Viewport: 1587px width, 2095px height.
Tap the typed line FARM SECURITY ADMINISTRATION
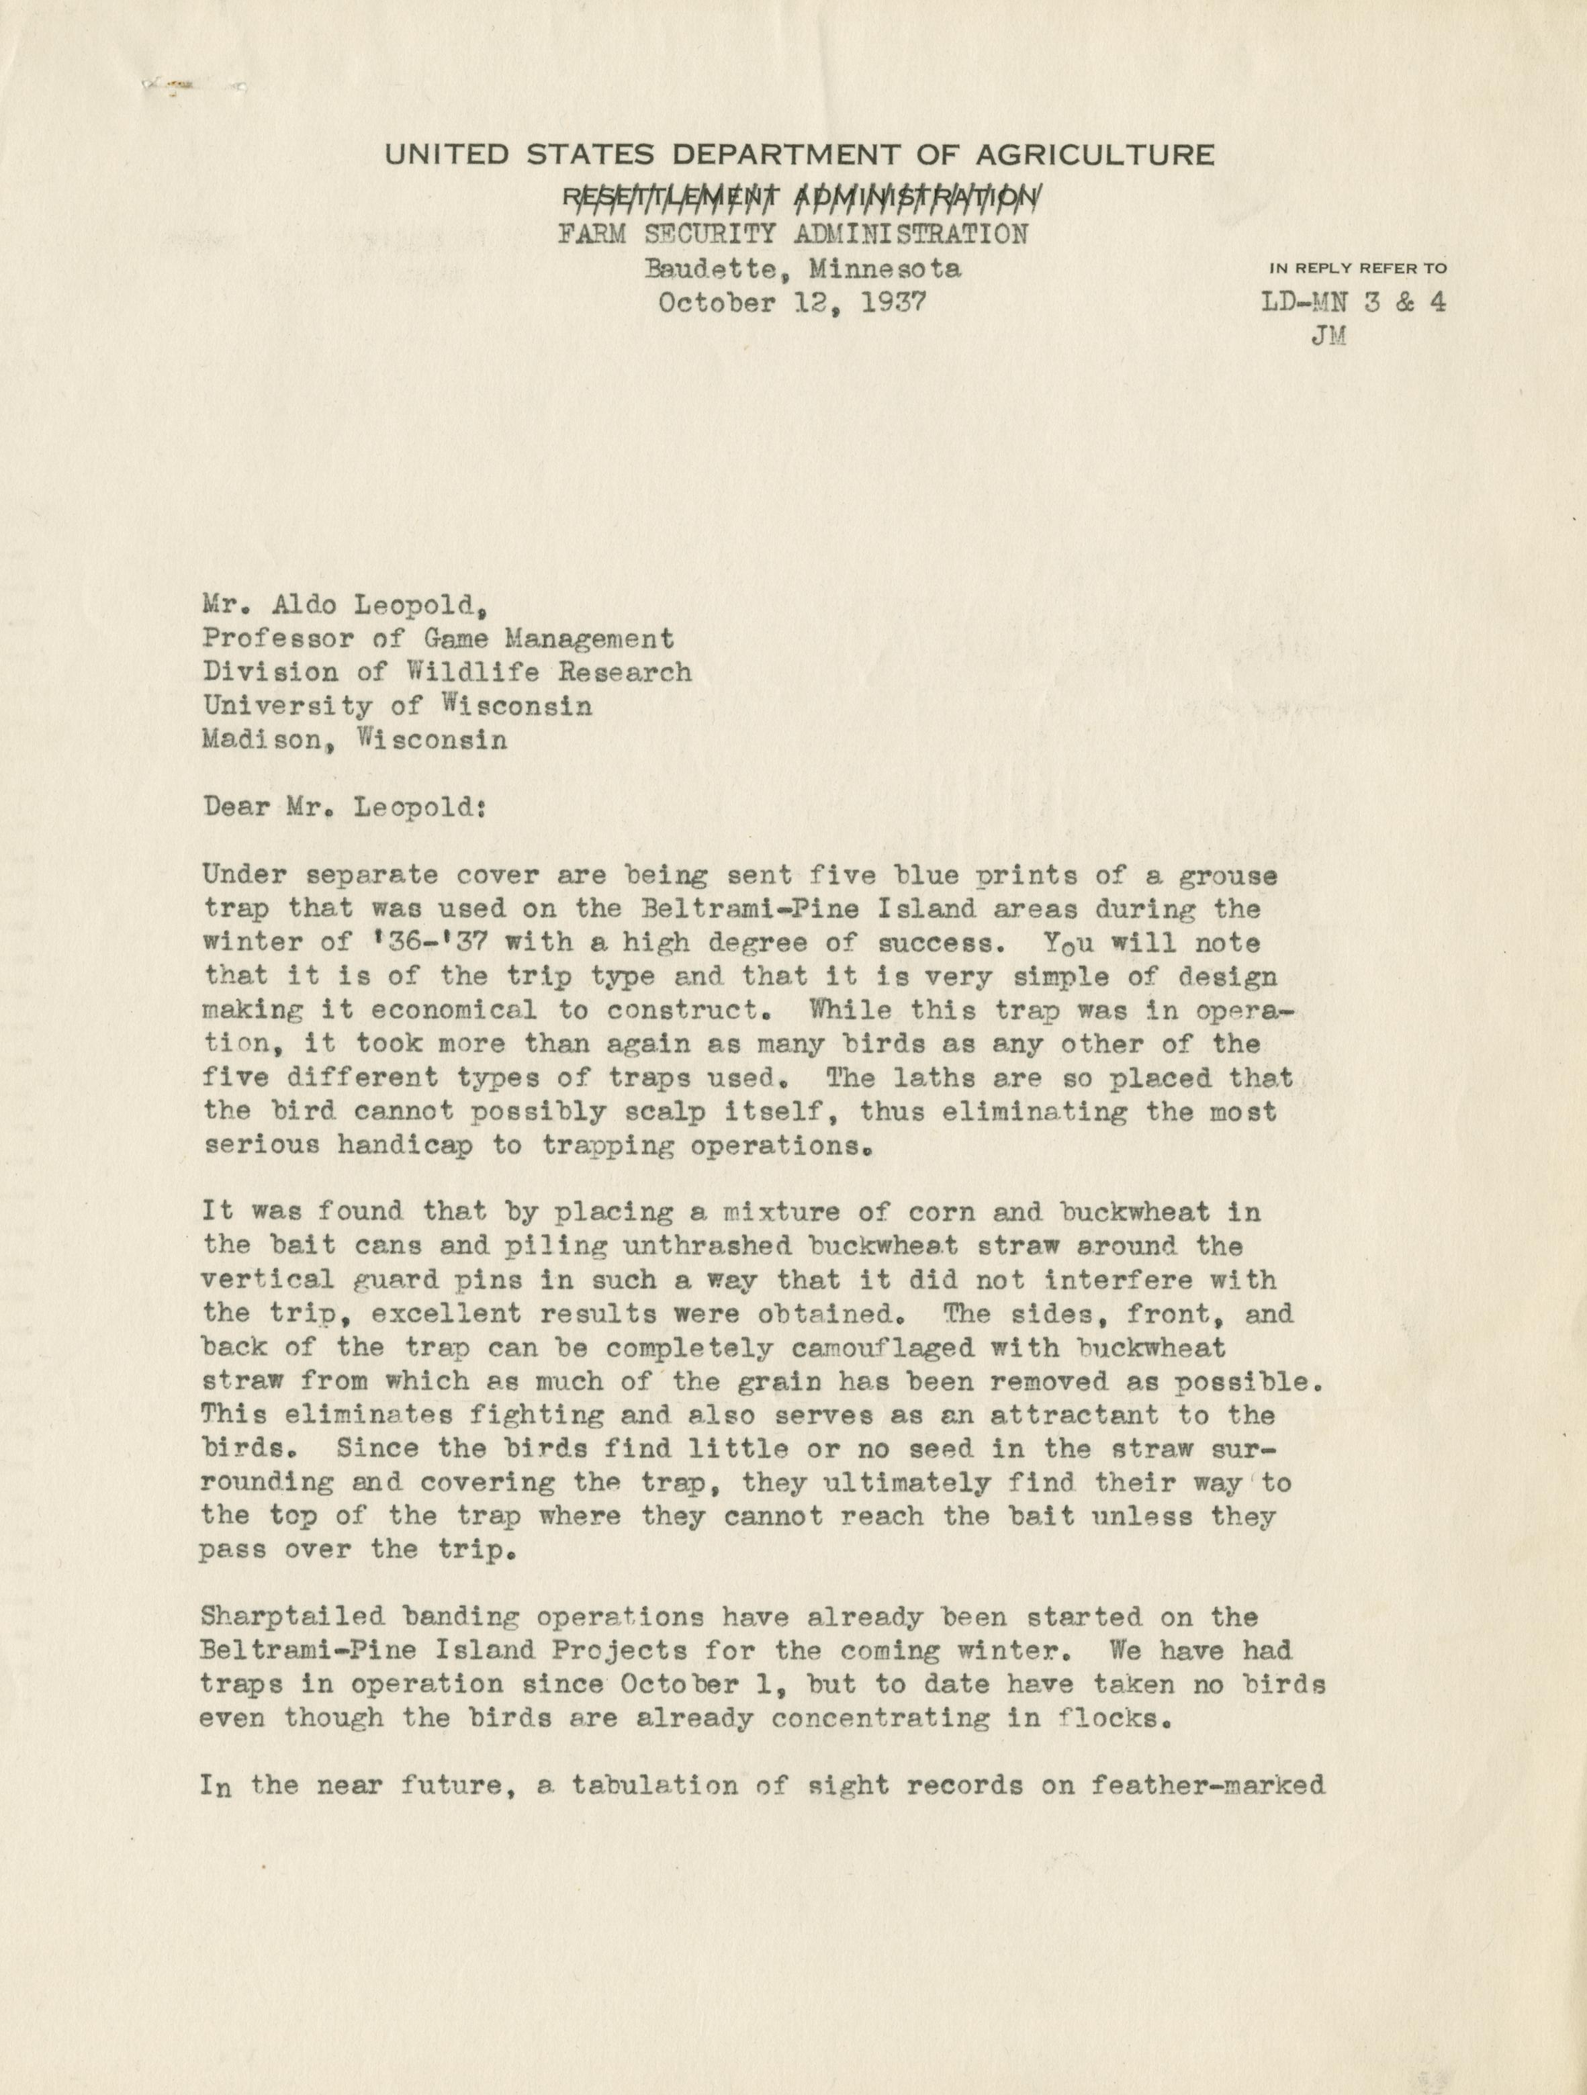tap(792, 233)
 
